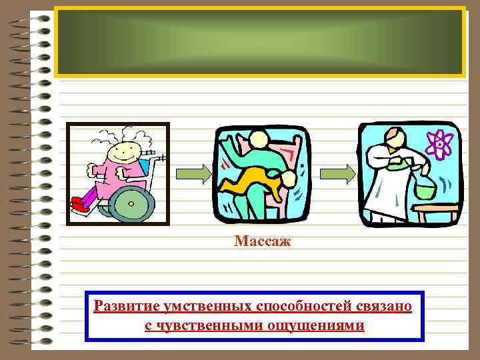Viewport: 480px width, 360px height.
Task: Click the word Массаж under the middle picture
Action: (x=263, y=241)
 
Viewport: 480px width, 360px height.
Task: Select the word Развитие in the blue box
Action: (x=124, y=307)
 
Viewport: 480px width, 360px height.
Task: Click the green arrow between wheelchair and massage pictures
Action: (x=193, y=173)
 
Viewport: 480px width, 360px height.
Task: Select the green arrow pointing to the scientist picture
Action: (x=337, y=173)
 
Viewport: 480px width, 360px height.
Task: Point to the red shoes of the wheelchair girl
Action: (x=81, y=206)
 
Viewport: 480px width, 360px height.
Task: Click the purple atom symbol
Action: (x=440, y=142)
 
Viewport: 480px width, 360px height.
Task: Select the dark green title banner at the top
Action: (x=259, y=41)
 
